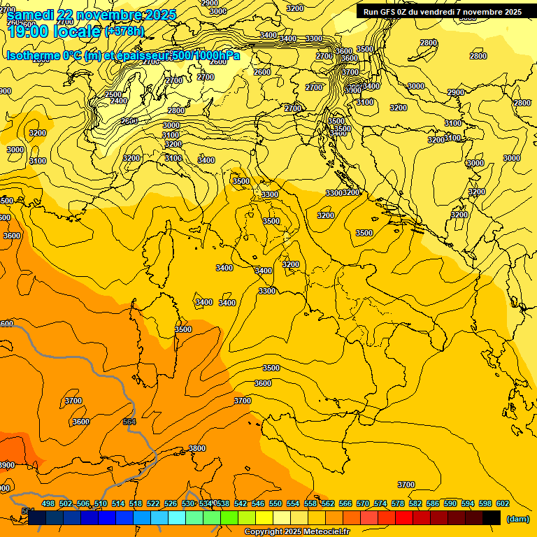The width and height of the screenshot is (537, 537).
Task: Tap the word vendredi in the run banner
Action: pyautogui.click(x=444, y=12)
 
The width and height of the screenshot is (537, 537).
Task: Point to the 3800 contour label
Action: pyautogui.click(x=197, y=448)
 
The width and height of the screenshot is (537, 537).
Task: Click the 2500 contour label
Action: pyautogui.click(x=113, y=94)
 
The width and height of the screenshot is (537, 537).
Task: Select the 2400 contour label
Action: pyautogui.click(x=119, y=101)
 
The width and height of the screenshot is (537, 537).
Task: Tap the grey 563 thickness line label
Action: pyautogui.click(x=129, y=422)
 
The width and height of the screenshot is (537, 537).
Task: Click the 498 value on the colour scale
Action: pyautogui.click(x=48, y=503)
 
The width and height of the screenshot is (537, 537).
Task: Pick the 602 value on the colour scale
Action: pyautogui.click(x=503, y=503)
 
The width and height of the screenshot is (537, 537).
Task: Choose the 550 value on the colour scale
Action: pyautogui.click(x=275, y=503)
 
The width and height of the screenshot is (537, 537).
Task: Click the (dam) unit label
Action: pyautogui.click(x=518, y=518)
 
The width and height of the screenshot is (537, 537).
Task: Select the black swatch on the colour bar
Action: pyautogui.click(x=492, y=517)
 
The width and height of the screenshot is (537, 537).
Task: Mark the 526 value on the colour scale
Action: pyautogui.click(x=171, y=503)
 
